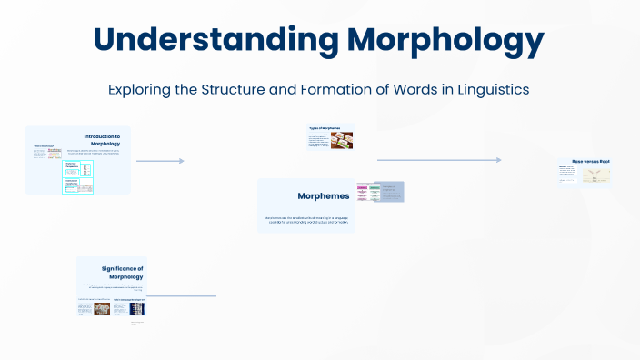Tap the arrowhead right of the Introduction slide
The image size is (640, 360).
click(x=181, y=161)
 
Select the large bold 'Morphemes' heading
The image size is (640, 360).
click(x=323, y=195)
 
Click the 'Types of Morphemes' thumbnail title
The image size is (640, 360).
click(x=325, y=129)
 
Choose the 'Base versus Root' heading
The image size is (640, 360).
click(x=590, y=161)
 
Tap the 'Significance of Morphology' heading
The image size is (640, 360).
click(x=123, y=272)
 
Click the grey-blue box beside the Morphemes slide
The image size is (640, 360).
click(x=391, y=192)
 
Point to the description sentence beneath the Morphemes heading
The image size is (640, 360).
click(x=305, y=220)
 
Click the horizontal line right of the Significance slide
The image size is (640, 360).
click(x=182, y=296)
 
